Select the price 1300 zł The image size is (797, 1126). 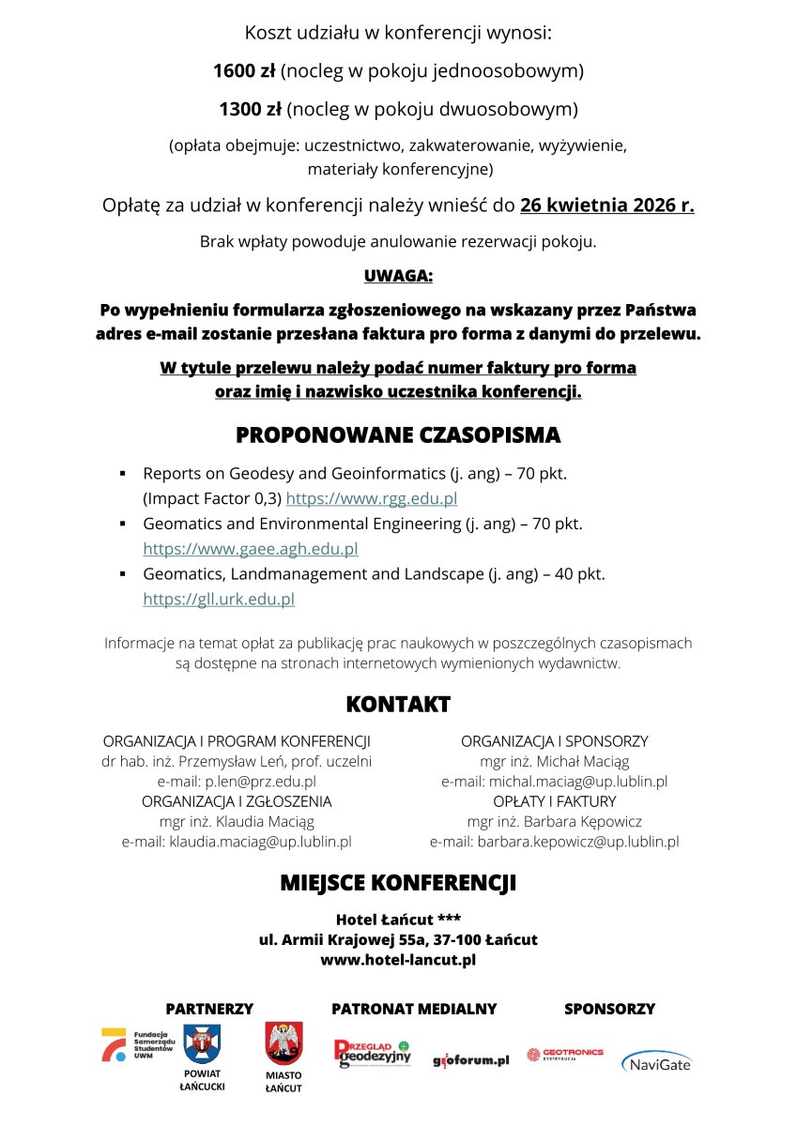(x=250, y=110)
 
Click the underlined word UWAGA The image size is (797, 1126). (x=398, y=277)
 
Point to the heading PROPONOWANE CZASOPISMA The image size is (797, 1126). (x=398, y=435)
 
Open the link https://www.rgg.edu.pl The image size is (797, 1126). (x=371, y=499)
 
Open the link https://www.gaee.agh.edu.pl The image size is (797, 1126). (x=251, y=549)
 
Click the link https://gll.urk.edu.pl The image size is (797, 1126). (x=219, y=599)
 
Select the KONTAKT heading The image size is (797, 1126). (x=398, y=704)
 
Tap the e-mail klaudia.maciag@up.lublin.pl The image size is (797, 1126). (x=260, y=842)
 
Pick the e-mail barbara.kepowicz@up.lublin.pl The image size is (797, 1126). (x=577, y=842)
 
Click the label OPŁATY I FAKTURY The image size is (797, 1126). (x=555, y=801)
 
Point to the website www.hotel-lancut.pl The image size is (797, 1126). (x=398, y=960)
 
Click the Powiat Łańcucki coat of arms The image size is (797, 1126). (x=202, y=1043)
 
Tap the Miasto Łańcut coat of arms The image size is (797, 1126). (x=284, y=1044)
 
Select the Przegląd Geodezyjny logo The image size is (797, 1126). (x=373, y=1054)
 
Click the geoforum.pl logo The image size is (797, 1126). (x=470, y=1060)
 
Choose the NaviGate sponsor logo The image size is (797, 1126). (x=656, y=1062)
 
